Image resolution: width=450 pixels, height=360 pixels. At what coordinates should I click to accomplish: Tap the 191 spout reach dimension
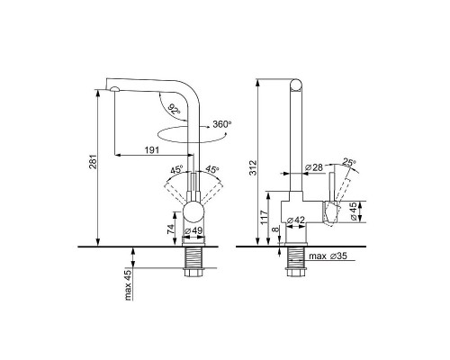coord(152,149)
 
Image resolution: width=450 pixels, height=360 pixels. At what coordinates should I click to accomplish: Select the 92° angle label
coord(174,109)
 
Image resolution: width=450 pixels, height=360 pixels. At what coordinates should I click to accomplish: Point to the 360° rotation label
coord(222,124)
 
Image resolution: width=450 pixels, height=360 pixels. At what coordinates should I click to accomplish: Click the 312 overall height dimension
coord(254,167)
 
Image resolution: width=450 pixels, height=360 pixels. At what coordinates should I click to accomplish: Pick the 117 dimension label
coord(264,217)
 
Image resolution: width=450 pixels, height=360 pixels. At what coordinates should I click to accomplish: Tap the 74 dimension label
coord(170,229)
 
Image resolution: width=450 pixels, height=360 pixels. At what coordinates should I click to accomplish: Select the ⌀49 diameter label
coord(193,230)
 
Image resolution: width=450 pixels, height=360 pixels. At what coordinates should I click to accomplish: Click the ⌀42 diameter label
coord(296,220)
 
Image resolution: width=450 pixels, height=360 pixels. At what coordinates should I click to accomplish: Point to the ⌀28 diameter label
coord(314,167)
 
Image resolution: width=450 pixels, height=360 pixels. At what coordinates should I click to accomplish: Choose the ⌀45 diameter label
coord(354,211)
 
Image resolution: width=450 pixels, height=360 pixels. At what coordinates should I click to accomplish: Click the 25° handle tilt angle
coord(349,163)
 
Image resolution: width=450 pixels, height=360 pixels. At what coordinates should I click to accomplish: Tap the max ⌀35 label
coord(328,256)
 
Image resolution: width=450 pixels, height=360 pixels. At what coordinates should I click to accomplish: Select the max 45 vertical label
coord(128,285)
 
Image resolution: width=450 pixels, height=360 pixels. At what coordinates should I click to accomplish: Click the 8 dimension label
coord(275,229)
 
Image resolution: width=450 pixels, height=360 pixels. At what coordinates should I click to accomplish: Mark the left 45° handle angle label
coord(176,170)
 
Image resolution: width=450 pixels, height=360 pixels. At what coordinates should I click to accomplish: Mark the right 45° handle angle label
coord(211,169)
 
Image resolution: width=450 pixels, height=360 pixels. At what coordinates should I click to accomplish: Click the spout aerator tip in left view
coord(114,89)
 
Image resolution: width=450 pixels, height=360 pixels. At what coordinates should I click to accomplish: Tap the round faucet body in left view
coord(193,211)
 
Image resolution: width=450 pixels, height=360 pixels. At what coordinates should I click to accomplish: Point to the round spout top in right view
coord(295,85)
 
